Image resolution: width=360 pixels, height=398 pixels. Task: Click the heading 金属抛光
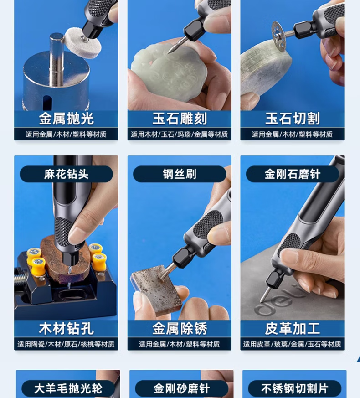click(x=66, y=119)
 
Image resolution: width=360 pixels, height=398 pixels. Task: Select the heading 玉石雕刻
click(x=180, y=119)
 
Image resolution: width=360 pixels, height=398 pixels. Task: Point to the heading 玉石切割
click(x=292, y=119)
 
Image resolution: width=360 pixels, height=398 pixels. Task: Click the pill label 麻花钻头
click(x=66, y=174)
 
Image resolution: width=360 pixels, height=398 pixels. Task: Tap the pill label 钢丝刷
click(x=180, y=174)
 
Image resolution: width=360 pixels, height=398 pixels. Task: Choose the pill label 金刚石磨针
click(x=292, y=174)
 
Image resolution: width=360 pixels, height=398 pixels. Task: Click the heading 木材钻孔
click(x=66, y=329)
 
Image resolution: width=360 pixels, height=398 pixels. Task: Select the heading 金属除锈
click(x=180, y=329)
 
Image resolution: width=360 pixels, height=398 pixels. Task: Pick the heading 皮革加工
click(x=292, y=329)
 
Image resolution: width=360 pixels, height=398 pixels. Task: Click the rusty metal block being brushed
click(x=157, y=289)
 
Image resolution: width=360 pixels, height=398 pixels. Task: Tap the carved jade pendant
click(x=169, y=72)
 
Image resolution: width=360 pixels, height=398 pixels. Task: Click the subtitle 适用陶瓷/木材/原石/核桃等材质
click(x=66, y=345)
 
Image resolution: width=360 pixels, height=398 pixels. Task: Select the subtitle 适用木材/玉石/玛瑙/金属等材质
click(x=180, y=134)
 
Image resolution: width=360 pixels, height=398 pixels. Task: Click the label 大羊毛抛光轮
click(x=68, y=388)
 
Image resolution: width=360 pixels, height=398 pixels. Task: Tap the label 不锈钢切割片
click(x=294, y=388)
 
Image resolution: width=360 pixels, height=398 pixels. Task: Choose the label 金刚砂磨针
click(x=181, y=388)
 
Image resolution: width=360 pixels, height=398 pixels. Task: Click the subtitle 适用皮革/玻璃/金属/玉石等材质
click(x=292, y=345)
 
